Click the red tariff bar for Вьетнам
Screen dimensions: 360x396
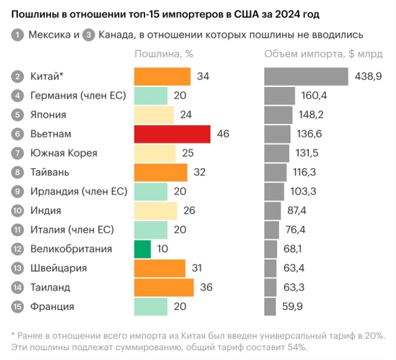click(x=172, y=135)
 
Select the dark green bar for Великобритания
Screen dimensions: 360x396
click(x=142, y=249)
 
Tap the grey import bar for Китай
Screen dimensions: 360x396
click(x=306, y=76)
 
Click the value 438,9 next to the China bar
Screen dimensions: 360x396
click(x=368, y=76)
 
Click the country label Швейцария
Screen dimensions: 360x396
click(x=59, y=268)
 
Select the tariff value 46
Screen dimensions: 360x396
click(x=222, y=135)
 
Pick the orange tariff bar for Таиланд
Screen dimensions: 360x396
click(x=164, y=287)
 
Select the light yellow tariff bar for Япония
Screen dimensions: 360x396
click(x=154, y=115)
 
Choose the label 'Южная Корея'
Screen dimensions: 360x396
click(x=63, y=153)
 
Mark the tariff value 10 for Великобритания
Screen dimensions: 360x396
click(x=162, y=249)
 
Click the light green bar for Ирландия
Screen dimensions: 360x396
click(x=150, y=191)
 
